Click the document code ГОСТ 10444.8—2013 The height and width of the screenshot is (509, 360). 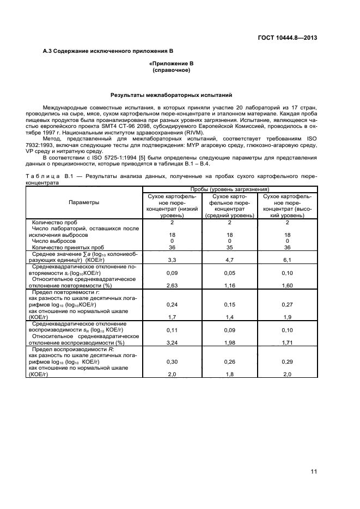coord(286,38)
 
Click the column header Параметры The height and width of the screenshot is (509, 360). coord(84,203)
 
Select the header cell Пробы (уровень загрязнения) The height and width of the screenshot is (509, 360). coord(229,188)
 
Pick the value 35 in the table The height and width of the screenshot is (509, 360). coord(229,247)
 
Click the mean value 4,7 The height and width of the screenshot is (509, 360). coord(229,260)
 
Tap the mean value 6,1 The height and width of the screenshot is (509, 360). coord(287,260)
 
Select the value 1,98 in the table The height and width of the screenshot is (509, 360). coord(229,343)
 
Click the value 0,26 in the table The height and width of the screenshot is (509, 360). coord(229,362)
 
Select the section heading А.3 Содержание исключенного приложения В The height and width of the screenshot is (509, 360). coord(108,51)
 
